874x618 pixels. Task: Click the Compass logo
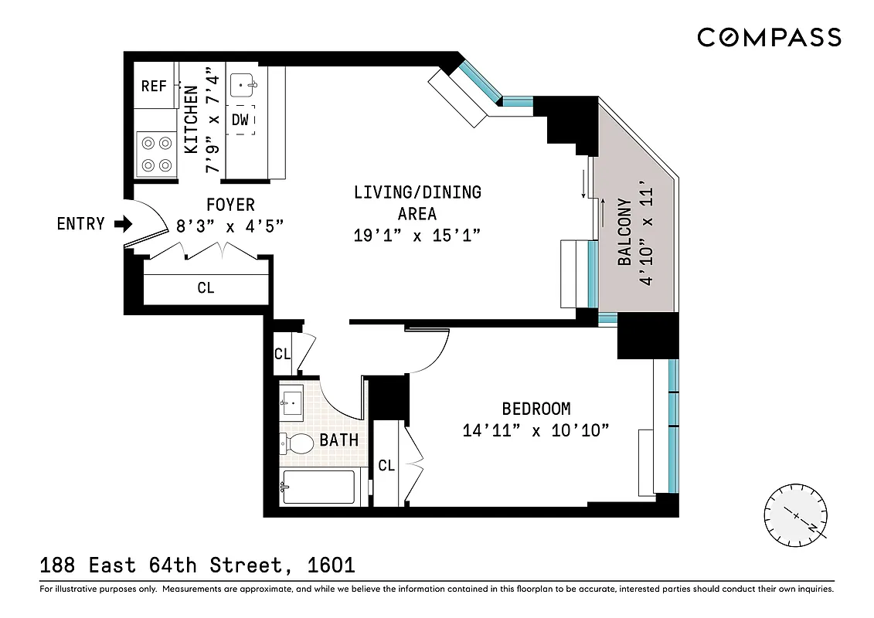(x=769, y=37)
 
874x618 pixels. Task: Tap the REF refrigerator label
(x=154, y=86)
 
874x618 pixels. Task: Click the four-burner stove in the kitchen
(x=155, y=154)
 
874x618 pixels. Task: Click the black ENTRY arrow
(x=123, y=224)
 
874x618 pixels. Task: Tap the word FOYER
(x=230, y=205)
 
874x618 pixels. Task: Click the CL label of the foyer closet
(x=206, y=287)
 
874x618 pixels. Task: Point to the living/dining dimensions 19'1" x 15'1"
(x=417, y=236)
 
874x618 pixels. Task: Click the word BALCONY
(x=625, y=233)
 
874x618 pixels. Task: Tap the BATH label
(x=338, y=440)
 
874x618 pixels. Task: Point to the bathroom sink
(x=293, y=399)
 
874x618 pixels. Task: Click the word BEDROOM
(x=536, y=409)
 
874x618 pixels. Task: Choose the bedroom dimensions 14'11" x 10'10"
(x=536, y=430)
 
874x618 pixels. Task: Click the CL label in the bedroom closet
(x=386, y=465)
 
